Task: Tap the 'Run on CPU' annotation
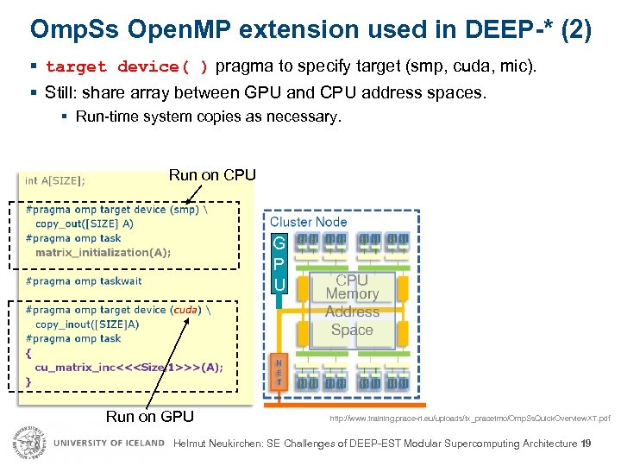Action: (x=212, y=175)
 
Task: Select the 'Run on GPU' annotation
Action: (x=149, y=417)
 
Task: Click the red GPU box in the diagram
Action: (x=279, y=263)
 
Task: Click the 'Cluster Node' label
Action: (x=309, y=222)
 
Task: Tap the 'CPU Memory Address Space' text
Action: (x=352, y=305)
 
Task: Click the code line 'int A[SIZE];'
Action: (x=55, y=180)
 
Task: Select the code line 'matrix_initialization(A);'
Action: (x=103, y=252)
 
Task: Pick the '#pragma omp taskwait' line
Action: (x=84, y=280)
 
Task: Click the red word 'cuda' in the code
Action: (x=184, y=310)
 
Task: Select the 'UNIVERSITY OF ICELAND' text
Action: (x=109, y=444)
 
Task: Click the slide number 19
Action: (x=586, y=444)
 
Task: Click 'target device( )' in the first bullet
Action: (x=127, y=66)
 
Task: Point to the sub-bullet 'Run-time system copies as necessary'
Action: (x=208, y=116)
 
